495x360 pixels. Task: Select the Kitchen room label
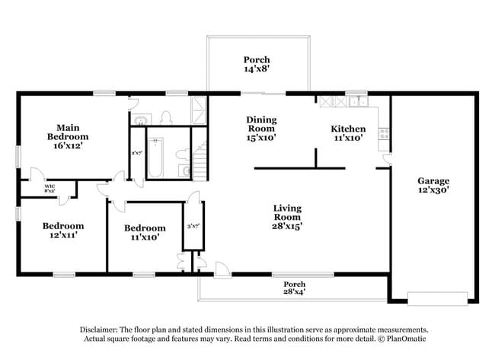[347, 129]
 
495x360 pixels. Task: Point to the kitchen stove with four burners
[385, 132]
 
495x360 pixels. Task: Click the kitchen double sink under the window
[356, 101]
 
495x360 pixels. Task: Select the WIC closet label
[50, 186]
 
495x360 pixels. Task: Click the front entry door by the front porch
[221, 269]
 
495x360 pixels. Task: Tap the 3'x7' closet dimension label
[193, 226]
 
